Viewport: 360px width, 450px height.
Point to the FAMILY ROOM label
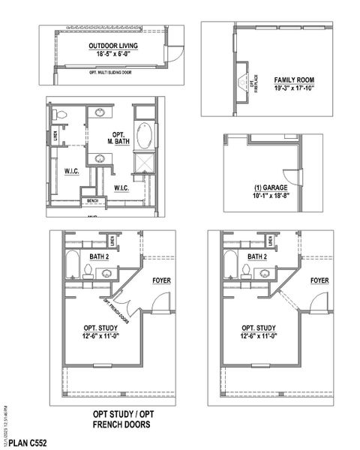(293, 79)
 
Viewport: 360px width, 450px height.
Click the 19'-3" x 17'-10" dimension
(293, 88)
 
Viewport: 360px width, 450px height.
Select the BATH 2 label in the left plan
(99, 256)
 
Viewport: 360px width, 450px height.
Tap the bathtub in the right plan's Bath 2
(232, 266)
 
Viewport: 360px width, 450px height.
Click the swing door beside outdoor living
(172, 54)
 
